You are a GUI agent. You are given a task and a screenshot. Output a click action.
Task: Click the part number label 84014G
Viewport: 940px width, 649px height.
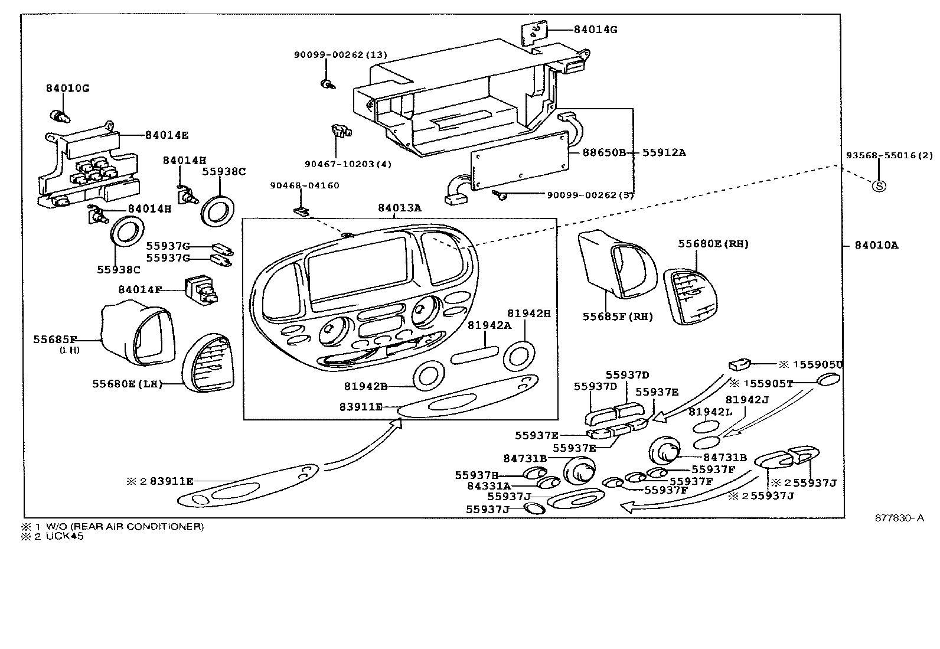[595, 30]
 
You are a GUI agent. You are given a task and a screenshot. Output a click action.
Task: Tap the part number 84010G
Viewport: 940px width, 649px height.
[67, 89]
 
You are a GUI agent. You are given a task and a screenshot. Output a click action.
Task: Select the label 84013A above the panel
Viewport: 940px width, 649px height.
[400, 208]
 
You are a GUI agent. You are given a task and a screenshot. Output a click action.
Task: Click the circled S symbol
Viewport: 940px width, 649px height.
[879, 186]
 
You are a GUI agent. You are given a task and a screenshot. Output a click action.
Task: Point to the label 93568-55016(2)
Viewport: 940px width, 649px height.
[889, 155]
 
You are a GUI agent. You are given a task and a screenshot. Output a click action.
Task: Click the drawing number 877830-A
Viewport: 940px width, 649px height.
[899, 518]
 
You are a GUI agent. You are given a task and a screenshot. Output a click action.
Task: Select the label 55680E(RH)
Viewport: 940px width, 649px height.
[713, 243]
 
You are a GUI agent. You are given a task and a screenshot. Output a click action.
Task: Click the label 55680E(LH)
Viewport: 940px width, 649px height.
[127, 384]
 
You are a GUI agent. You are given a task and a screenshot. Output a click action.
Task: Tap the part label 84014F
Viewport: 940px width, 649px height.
[140, 289]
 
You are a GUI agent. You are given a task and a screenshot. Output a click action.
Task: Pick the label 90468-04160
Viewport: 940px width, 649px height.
[305, 185]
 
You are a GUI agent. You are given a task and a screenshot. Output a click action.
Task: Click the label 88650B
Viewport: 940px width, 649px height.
[603, 152]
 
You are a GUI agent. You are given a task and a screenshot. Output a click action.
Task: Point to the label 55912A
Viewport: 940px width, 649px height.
[664, 152]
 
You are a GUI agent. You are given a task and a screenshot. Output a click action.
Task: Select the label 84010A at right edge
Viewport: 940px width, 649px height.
[876, 245]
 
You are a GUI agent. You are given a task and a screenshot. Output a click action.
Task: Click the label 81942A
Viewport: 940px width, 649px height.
[489, 325]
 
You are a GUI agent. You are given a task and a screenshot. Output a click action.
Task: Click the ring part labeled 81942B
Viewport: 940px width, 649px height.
[429, 377]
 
